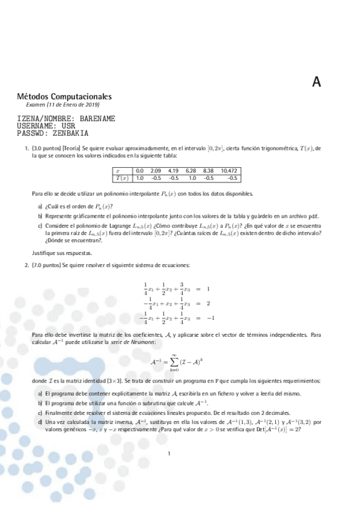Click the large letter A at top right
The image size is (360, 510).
[x=317, y=83]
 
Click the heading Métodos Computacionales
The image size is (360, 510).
[x=64, y=96]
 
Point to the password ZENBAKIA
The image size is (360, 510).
[x=70, y=134]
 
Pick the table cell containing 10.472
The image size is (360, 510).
[x=229, y=171]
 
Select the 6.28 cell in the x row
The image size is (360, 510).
[x=191, y=171]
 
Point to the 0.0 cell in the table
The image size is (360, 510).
[x=139, y=171]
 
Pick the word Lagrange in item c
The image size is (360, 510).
[x=108, y=225]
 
